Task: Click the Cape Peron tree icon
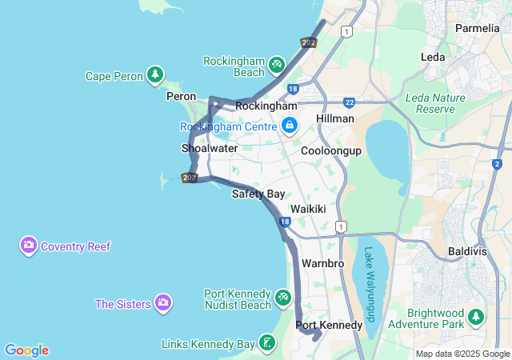click(155, 76)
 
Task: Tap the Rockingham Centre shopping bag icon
click(289, 126)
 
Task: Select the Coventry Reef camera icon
click(29, 246)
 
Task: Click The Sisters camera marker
click(163, 302)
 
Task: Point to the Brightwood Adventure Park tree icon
click(477, 318)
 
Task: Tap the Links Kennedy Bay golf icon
click(267, 343)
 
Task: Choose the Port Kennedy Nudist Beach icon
click(283, 298)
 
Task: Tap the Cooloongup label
click(331, 150)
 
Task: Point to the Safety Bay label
click(258, 194)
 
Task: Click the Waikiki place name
click(308, 208)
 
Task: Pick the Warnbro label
click(323, 262)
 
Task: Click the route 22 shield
click(350, 102)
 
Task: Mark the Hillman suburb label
click(335, 118)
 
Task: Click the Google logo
click(26, 350)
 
